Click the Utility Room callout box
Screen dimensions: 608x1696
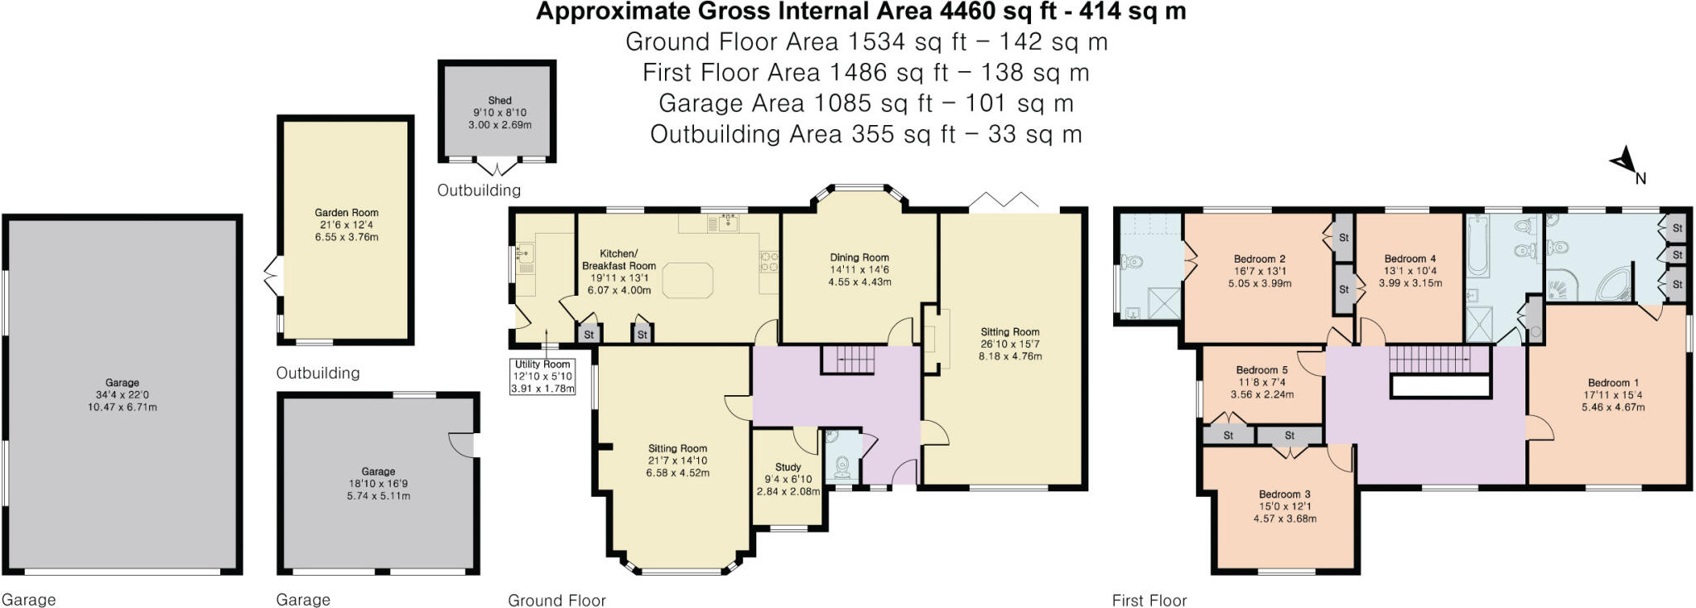(542, 376)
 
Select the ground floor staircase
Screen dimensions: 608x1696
(848, 359)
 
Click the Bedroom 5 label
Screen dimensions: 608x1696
(1261, 370)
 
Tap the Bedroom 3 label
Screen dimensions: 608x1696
(1284, 495)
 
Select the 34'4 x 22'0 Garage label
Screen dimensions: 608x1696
(122, 394)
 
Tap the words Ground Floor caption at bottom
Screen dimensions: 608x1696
(556, 600)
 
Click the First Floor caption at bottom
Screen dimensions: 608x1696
(1149, 600)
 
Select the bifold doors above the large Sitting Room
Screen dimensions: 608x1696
(1003, 201)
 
